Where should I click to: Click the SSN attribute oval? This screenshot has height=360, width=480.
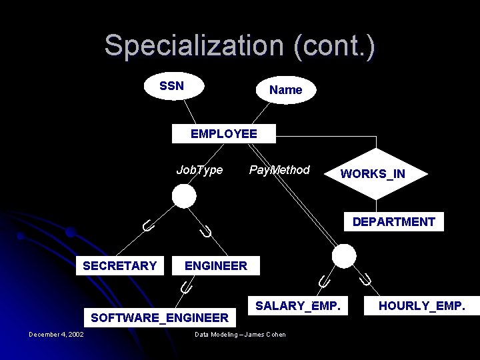pyautogui.click(x=172, y=86)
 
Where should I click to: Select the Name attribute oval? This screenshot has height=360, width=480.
pyautogui.click(x=285, y=90)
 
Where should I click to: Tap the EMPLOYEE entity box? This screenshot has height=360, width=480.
pyautogui.click(x=223, y=134)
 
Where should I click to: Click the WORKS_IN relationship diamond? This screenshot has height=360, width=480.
pyautogui.click(x=373, y=174)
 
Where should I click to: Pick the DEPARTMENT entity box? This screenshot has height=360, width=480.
pyautogui.click(x=393, y=222)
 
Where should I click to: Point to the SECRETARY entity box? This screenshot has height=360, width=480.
pyautogui.click(x=119, y=266)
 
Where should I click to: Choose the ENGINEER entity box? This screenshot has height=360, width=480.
pyautogui.click(x=215, y=266)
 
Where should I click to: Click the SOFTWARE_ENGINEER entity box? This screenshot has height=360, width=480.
pyautogui.click(x=159, y=317)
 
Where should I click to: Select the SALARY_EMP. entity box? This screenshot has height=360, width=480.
pyautogui.click(x=298, y=306)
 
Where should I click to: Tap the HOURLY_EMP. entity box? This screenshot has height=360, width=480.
pyautogui.click(x=422, y=306)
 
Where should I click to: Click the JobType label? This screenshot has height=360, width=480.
pyautogui.click(x=199, y=170)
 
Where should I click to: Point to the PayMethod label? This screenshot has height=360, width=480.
pyautogui.click(x=279, y=170)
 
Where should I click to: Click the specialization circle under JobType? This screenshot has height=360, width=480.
pyautogui.click(x=184, y=196)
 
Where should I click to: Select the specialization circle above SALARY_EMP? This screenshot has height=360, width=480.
pyautogui.click(x=344, y=256)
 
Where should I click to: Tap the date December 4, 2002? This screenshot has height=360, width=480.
pyautogui.click(x=56, y=335)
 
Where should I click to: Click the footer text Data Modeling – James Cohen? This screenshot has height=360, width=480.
pyautogui.click(x=240, y=335)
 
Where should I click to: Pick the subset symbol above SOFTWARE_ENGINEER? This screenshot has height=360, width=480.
pyautogui.click(x=186, y=288)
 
